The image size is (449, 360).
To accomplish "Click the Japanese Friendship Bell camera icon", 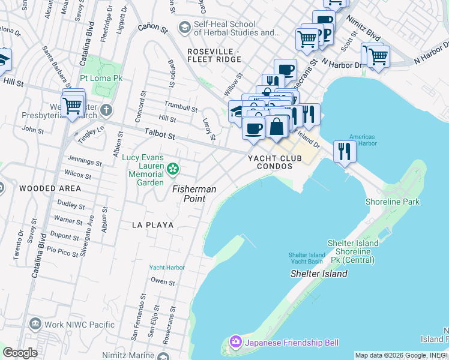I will pos(235,342).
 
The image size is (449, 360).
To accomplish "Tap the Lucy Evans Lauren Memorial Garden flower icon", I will pos(173,169).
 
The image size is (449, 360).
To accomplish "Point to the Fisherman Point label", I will pos(194,188).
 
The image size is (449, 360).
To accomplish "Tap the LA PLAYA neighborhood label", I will pos(153,225).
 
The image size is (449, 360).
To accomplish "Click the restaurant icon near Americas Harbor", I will pos(344,151).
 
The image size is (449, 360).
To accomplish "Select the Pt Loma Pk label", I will pos(101,79).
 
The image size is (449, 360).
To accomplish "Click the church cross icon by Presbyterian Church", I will pos(106,110).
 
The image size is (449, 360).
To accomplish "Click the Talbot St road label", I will pos(160,136).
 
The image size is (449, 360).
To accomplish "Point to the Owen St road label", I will pos(163,281).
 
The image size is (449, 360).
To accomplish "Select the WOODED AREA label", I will pos(41,188).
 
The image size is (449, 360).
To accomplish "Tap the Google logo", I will pos(20,353).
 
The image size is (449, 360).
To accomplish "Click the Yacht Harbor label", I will pos(167,268).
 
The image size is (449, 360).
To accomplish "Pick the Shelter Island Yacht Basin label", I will pos(307,258).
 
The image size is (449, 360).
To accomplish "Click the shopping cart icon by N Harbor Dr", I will pos(378,56).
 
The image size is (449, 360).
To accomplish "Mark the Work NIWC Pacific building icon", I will pos(34,325).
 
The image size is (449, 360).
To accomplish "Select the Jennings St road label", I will pos(85,161).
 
